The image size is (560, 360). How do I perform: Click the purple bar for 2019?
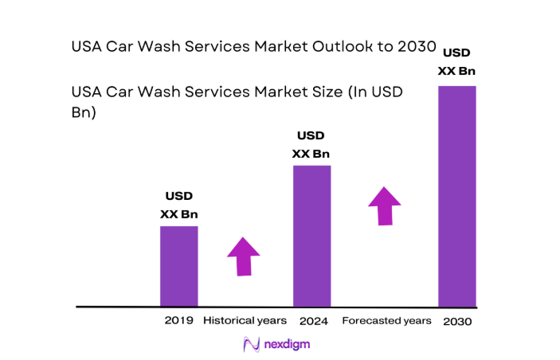(178, 266)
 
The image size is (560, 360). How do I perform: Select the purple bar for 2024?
(311, 236)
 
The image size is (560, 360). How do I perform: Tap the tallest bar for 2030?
(457, 196)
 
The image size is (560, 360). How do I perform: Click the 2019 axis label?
(178, 321)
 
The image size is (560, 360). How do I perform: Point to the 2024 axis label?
(314, 321)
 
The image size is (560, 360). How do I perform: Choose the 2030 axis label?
(458, 322)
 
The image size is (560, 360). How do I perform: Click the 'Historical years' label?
(245, 321)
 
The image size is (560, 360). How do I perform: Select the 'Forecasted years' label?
(386, 321)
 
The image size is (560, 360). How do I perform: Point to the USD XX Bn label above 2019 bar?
(178, 205)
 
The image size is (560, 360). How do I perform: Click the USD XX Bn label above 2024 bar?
(311, 144)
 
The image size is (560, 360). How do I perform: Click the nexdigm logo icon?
(251, 344)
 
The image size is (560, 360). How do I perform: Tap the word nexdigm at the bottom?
(288, 344)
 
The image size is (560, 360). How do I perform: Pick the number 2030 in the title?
(417, 47)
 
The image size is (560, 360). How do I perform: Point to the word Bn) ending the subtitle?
(84, 112)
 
